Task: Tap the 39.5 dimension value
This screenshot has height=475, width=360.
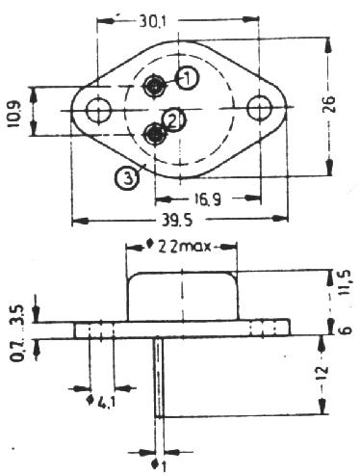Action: click(x=176, y=221)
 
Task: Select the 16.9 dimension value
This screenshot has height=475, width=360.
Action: click(x=207, y=200)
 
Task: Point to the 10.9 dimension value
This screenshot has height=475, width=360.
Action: click(x=14, y=115)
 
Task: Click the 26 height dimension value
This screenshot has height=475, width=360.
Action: click(x=328, y=104)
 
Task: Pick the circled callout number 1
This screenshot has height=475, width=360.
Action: click(x=188, y=78)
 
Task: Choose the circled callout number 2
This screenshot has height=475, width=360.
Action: click(x=173, y=120)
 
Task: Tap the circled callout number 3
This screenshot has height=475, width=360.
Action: click(x=127, y=177)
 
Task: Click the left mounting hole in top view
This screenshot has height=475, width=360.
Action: click(x=99, y=110)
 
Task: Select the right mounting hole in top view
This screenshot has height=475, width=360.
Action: click(x=259, y=108)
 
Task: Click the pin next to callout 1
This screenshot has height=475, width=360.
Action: click(x=155, y=85)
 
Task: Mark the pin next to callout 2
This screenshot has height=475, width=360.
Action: click(x=155, y=134)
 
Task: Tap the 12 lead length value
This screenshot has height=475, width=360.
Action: click(x=323, y=373)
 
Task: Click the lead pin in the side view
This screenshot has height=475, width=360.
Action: click(x=159, y=378)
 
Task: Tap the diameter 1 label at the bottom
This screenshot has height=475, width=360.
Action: click(x=159, y=465)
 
